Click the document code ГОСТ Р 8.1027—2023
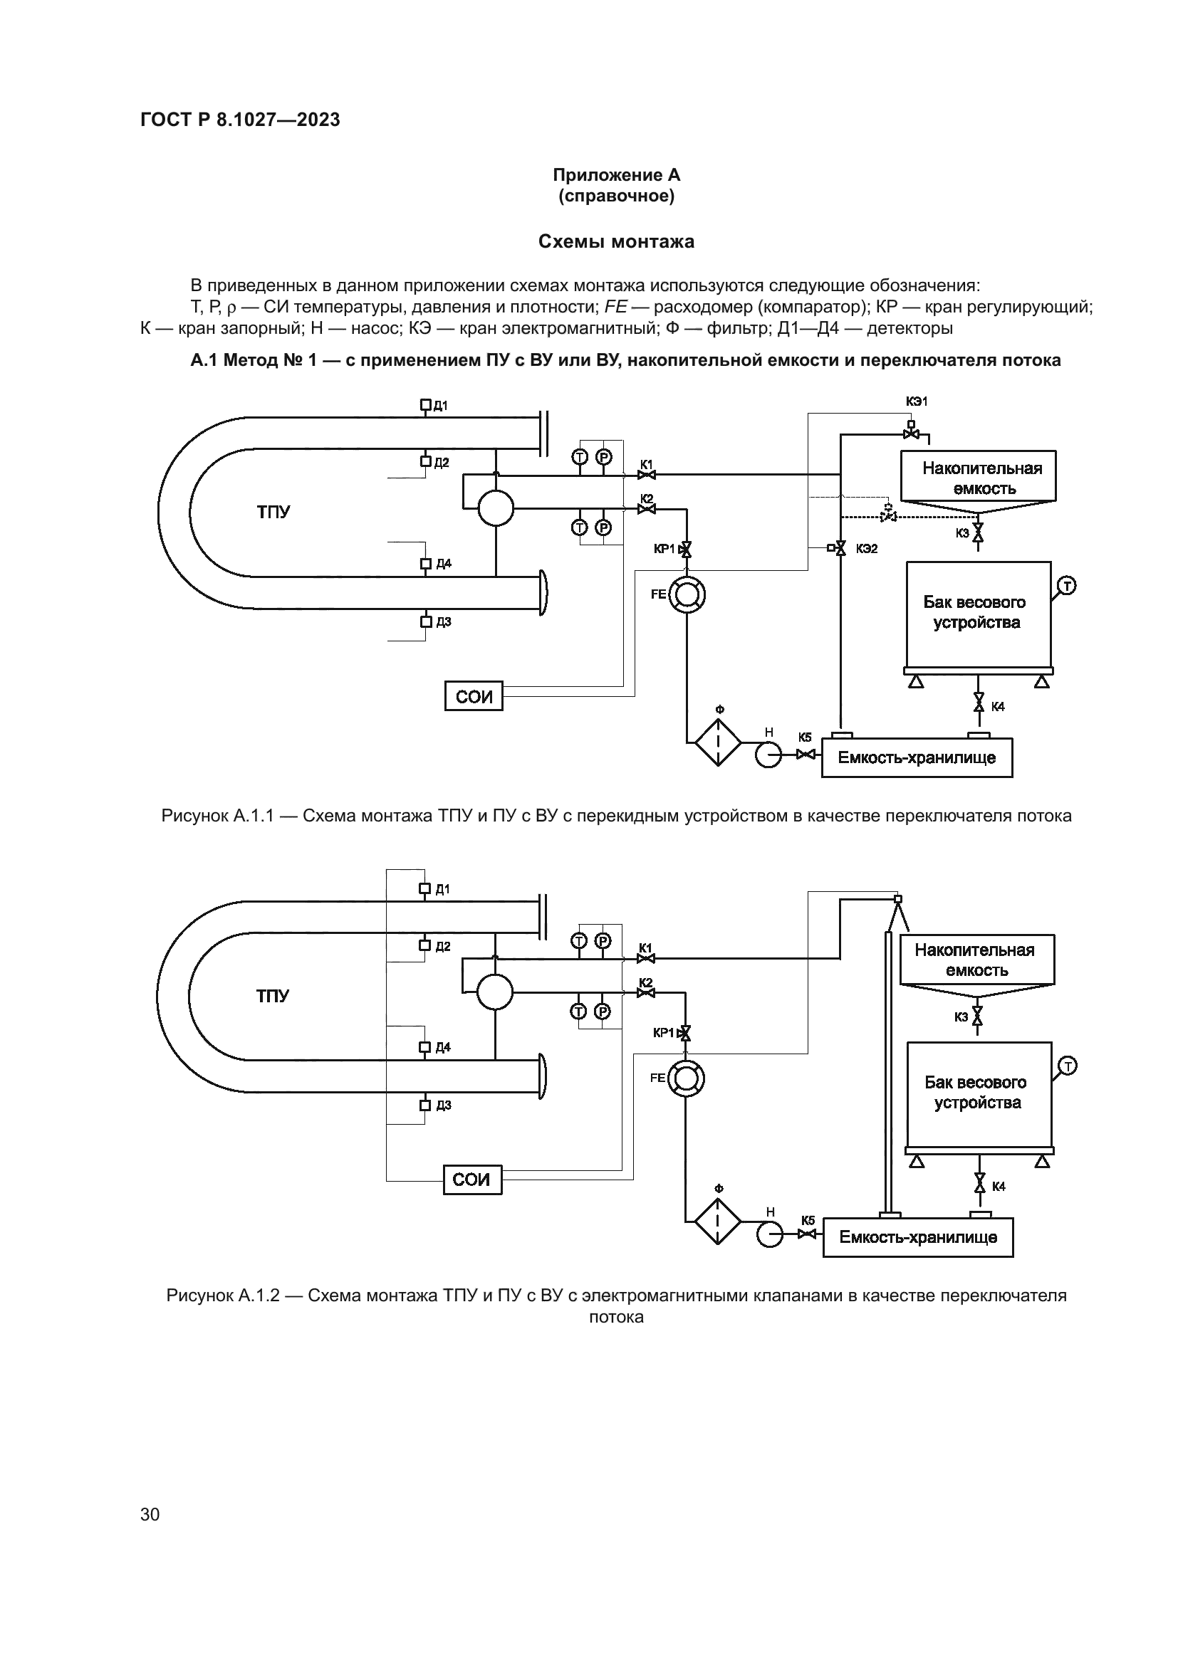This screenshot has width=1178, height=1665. tap(240, 120)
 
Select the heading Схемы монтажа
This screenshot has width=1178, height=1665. tap(616, 241)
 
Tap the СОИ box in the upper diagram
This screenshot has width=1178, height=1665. tap(474, 696)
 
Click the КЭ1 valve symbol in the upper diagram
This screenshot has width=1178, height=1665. tap(911, 433)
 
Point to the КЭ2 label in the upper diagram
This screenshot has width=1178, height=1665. tap(867, 549)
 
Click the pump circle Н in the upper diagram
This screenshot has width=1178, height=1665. tap(766, 755)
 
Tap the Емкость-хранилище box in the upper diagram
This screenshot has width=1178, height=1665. tap(917, 758)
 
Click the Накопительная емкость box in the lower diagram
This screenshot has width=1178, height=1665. tap(976, 960)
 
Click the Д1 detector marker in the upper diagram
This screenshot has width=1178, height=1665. tap(426, 405)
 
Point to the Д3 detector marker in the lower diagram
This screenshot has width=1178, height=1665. tap(425, 1105)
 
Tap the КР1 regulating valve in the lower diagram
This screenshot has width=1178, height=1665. tap(685, 1033)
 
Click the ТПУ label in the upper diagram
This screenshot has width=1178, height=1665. tap(273, 512)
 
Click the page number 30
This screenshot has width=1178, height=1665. tap(150, 1514)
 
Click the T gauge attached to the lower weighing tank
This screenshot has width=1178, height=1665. tap(1068, 1066)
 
